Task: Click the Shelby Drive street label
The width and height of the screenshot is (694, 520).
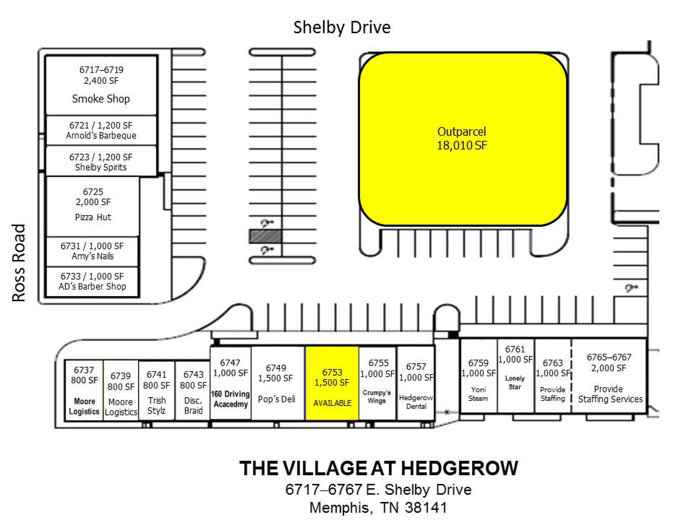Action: click(342, 28)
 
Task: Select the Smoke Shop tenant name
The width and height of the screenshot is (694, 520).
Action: click(101, 99)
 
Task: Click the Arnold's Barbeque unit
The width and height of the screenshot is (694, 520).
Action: click(101, 130)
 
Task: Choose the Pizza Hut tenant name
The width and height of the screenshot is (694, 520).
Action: click(93, 217)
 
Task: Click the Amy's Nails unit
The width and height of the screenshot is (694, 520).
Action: click(92, 251)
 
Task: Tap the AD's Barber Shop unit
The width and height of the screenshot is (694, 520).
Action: click(92, 282)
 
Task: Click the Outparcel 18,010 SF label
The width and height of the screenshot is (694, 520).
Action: click(462, 138)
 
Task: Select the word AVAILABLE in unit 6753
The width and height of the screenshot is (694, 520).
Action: click(332, 403)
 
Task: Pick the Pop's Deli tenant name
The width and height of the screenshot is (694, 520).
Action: click(276, 399)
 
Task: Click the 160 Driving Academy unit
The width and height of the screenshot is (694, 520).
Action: click(231, 383)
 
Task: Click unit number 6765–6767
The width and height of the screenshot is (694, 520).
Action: click(609, 357)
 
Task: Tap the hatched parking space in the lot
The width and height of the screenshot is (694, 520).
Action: click(265, 236)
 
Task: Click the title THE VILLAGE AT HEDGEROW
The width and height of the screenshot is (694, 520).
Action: click(379, 468)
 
